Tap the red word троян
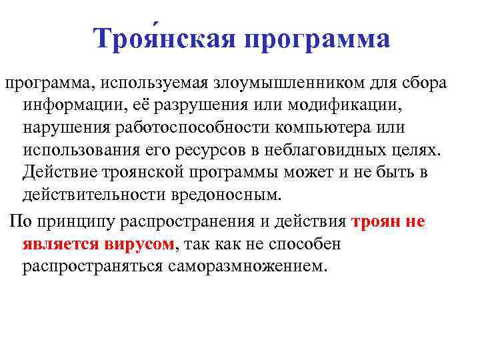[x=377, y=222]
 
